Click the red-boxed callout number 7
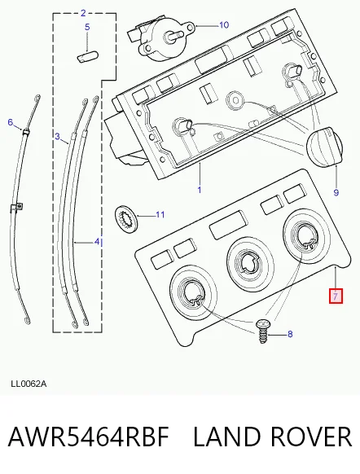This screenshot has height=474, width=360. [336, 296]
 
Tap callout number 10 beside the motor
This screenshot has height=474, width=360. [224, 24]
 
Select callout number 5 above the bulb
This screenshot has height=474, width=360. [87, 27]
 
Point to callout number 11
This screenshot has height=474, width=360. [160, 215]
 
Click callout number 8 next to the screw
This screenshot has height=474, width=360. [290, 334]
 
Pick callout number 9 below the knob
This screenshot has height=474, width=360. [336, 192]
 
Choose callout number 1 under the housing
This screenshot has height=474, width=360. [200, 190]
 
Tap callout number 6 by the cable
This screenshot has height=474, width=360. [11, 122]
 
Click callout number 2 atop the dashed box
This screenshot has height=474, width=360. [83, 13]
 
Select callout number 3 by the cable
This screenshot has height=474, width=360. [58, 137]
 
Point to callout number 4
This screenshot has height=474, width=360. [97, 242]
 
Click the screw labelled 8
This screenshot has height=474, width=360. [262, 331]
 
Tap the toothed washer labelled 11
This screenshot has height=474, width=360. [126, 218]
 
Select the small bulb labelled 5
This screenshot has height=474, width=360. [87, 56]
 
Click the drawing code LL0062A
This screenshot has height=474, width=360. [29, 384]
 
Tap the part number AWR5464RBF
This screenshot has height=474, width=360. [88, 437]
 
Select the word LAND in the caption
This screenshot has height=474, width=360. [226, 437]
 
